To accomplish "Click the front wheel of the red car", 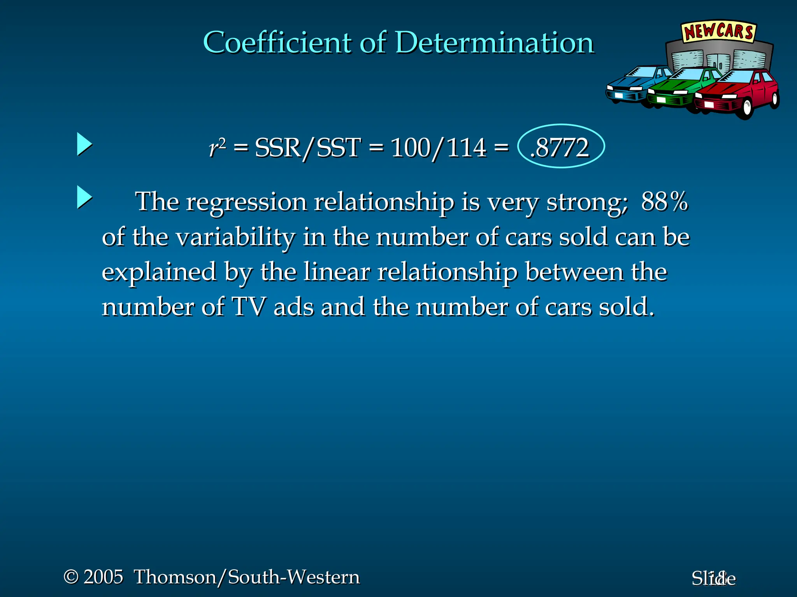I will [747, 107].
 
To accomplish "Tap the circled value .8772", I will [561, 147].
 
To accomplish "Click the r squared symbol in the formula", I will [217, 147].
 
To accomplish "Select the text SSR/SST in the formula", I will [307, 148].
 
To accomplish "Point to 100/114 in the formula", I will [438, 148].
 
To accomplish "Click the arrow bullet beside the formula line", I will [84, 144].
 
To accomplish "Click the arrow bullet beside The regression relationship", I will [84, 197].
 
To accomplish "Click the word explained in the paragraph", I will [159, 272].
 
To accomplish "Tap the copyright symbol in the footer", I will [71, 576].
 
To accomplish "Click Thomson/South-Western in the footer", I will [247, 577].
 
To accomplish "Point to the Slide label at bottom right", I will [713, 578].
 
